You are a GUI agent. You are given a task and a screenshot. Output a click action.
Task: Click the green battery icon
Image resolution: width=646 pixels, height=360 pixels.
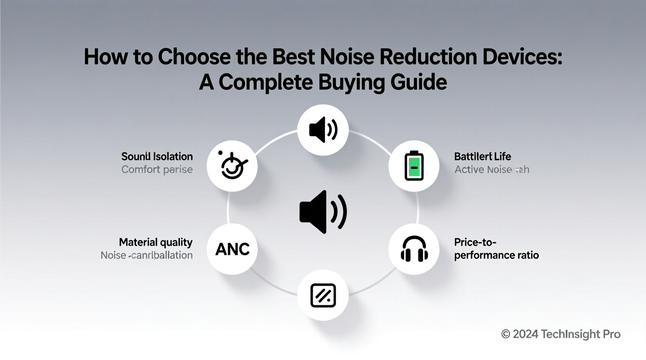[414, 166]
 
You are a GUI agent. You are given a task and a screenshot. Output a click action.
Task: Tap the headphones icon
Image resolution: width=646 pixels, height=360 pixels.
[414, 249]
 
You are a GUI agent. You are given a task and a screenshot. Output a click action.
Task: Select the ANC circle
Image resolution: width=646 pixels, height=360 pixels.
[232, 249]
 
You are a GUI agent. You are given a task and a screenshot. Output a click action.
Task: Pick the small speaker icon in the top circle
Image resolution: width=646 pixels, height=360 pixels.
[323, 130]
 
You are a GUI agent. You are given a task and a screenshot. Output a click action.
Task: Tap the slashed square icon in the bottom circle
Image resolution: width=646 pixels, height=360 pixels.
[323, 295]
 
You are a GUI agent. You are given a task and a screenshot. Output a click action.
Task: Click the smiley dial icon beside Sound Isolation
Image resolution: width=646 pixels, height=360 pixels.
[232, 166]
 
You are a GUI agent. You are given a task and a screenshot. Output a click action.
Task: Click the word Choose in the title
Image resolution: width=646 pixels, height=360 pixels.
[194, 57]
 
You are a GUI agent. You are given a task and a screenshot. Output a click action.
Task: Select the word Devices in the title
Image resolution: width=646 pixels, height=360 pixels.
[522, 57]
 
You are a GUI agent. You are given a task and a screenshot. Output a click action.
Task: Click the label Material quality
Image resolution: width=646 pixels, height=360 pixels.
[156, 242]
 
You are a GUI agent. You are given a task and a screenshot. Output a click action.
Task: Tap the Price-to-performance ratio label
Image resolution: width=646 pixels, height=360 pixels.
[496, 249]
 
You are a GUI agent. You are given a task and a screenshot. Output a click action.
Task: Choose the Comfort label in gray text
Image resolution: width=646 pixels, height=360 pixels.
[141, 170]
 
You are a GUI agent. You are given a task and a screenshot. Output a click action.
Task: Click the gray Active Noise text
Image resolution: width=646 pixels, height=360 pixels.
[483, 170]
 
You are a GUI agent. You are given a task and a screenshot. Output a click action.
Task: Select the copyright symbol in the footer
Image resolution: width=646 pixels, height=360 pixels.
[505, 334]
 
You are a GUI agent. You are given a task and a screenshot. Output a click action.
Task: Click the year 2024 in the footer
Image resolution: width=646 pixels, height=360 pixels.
[526, 334]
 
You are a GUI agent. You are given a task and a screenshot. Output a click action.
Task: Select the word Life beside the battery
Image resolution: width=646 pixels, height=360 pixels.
[502, 156]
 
